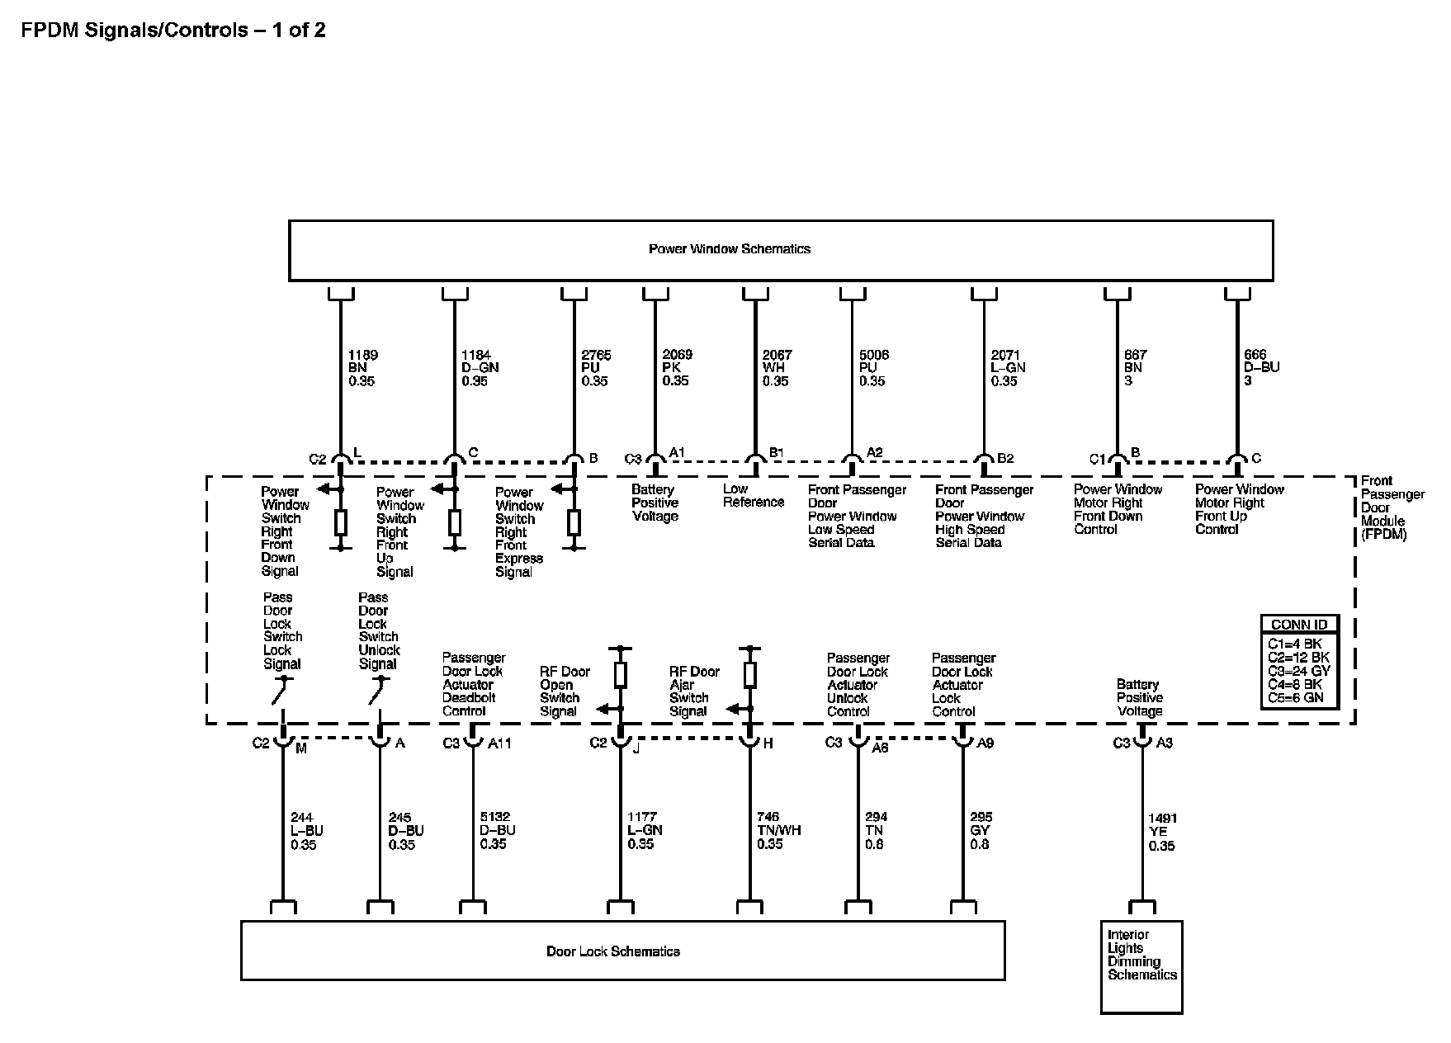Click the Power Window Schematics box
coord(780,250)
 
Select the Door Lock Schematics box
coord(622,951)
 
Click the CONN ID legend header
coord(1299,625)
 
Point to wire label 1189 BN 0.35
coord(362,368)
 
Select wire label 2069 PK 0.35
coord(676,367)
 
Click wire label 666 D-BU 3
coord(1260,367)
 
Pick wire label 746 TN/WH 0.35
coord(777,830)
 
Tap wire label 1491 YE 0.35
coord(1161,832)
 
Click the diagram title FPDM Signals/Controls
coord(173,31)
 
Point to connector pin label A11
coord(499,743)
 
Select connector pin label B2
coord(1004,458)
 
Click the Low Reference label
coord(753,495)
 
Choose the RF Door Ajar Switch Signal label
coord(694,691)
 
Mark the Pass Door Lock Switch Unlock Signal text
coord(378,630)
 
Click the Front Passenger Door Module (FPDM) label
coord(1392,507)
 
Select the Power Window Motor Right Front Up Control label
coord(1239,509)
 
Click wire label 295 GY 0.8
coord(981,830)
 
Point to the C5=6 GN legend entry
coord(1295,697)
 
